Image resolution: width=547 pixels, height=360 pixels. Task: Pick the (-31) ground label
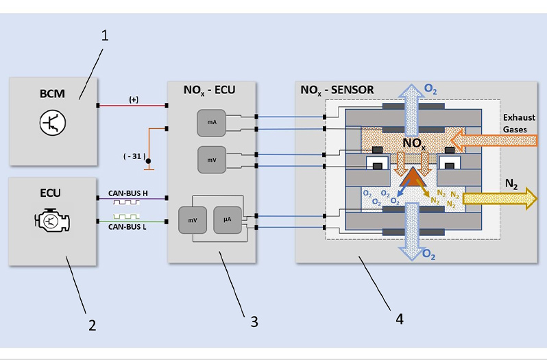point(133,157)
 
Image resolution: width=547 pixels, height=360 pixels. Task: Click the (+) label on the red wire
point(134,99)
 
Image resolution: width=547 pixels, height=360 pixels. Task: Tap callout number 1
point(106,36)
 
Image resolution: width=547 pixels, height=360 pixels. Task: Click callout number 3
point(254,321)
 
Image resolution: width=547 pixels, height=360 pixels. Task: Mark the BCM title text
point(52,93)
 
